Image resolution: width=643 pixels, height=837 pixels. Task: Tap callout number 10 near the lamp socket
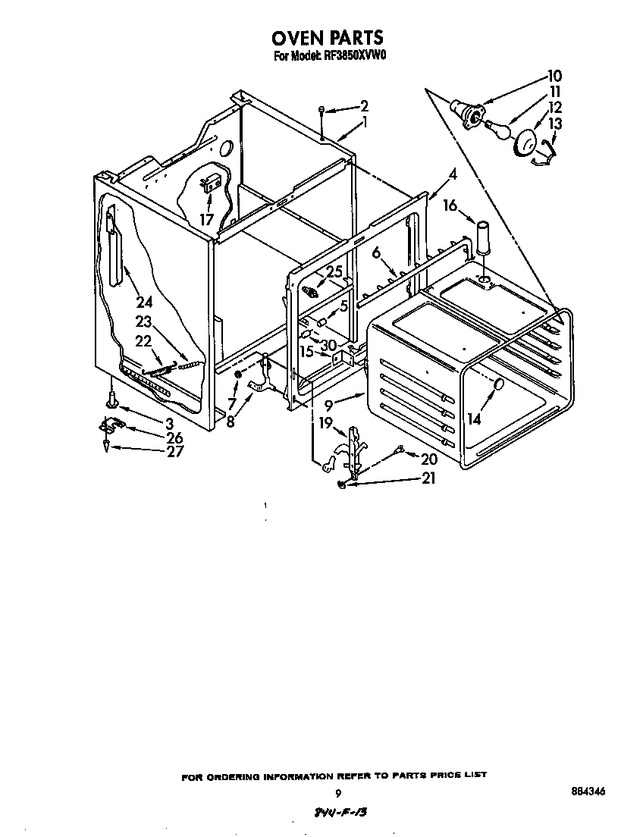pyautogui.click(x=554, y=76)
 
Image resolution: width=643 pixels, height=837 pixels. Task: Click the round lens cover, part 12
pyautogui.click(x=525, y=142)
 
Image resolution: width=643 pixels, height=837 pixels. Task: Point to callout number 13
pyautogui.click(x=555, y=124)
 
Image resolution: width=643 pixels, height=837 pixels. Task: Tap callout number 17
pyautogui.click(x=206, y=220)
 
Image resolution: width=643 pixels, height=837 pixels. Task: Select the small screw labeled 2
pyautogui.click(x=323, y=110)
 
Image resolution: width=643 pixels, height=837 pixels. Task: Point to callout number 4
pyautogui.click(x=452, y=174)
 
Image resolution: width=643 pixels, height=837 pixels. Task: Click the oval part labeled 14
pyautogui.click(x=498, y=385)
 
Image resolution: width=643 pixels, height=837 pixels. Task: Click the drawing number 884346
pyautogui.click(x=588, y=792)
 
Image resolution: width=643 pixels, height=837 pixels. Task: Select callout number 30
pyautogui.click(x=328, y=345)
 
